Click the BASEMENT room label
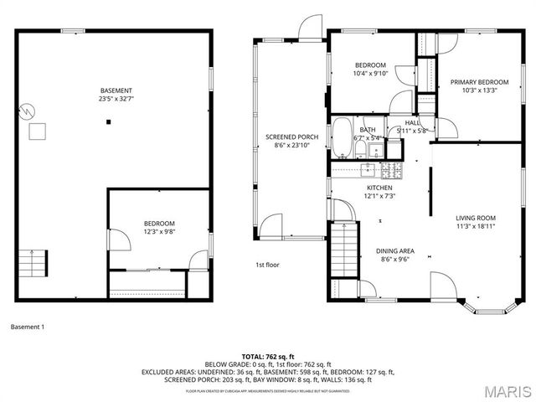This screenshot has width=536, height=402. pos(116,90)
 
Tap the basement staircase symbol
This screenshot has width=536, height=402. pos(32,263)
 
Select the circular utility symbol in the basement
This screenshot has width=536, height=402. pos(28,110)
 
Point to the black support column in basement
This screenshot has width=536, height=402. pos(107,122)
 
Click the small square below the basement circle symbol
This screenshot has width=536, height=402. pos(38,131)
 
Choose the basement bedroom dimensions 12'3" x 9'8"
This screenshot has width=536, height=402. pos(158,231)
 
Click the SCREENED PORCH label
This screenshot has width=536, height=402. pos(291,137)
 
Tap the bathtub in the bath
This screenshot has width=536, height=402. pos(342,138)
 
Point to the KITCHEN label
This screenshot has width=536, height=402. pos(379,188)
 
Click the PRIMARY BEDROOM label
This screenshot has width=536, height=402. pos(474,82)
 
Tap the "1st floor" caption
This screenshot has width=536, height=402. pos(267,265)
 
